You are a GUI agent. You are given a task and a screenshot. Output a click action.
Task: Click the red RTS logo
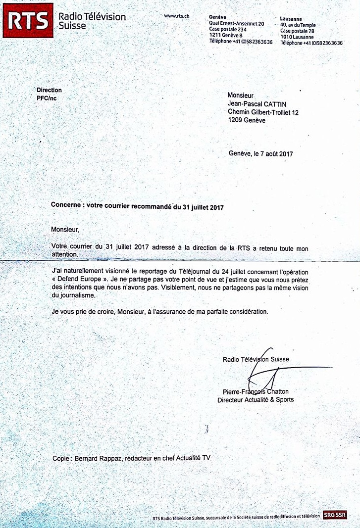coord(27,20)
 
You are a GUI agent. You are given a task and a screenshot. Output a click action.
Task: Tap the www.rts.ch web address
coord(177,16)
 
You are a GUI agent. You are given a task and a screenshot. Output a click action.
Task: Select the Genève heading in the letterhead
coord(218,17)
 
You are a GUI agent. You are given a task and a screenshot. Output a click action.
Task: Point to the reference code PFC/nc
coord(47,99)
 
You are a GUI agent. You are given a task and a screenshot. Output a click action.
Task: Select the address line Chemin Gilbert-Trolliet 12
coord(263,112)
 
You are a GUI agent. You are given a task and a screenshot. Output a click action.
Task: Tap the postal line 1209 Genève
coord(247,120)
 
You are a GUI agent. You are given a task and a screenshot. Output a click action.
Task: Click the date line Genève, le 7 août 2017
coord(261,153)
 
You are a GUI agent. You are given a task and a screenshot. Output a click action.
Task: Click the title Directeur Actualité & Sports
coord(256,399)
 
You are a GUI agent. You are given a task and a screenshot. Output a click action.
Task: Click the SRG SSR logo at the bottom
coord(335,515)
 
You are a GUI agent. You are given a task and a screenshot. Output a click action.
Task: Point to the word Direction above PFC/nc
coord(49,90)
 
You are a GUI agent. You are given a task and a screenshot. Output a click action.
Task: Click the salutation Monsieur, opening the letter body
coord(65,230)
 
